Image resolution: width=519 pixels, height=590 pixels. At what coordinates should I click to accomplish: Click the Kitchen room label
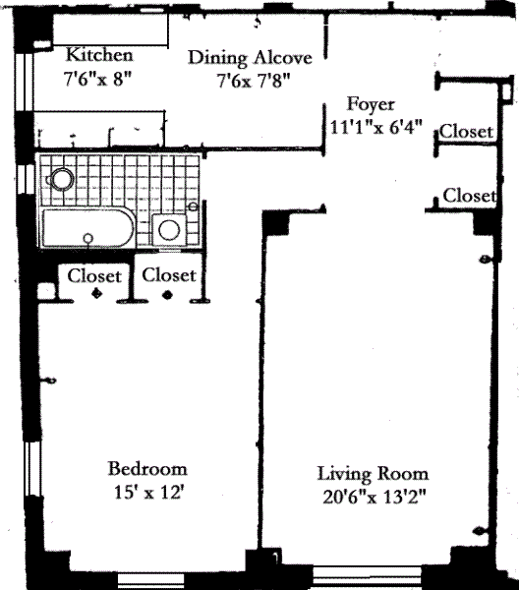pyautogui.click(x=99, y=54)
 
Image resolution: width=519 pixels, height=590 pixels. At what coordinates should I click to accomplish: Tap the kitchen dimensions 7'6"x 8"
pyautogui.click(x=98, y=79)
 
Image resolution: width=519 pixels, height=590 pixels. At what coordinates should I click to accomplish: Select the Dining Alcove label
pyautogui.click(x=250, y=58)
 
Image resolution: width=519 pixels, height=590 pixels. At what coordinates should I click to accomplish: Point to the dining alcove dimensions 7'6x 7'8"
pyautogui.click(x=254, y=81)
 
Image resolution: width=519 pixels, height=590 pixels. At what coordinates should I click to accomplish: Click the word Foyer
pyautogui.click(x=371, y=104)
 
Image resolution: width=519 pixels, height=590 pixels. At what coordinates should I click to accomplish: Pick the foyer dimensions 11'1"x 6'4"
pyautogui.click(x=376, y=127)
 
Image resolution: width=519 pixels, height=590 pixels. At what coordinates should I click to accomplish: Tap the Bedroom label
pyautogui.click(x=147, y=469)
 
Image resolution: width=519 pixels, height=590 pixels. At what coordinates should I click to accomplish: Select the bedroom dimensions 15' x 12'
pyautogui.click(x=148, y=492)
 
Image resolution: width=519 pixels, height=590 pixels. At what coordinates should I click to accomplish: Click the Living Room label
pyautogui.click(x=374, y=474)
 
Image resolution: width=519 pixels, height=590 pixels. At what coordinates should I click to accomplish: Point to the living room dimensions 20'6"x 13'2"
pyautogui.click(x=375, y=498)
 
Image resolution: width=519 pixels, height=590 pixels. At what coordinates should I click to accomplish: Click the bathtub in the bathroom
pyautogui.click(x=88, y=228)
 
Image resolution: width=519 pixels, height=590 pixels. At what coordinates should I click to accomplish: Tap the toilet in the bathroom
pyautogui.click(x=61, y=180)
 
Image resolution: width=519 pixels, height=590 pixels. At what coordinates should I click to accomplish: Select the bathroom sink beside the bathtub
pyautogui.click(x=169, y=230)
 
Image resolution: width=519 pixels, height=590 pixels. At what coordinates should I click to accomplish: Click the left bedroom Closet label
pyautogui.click(x=94, y=275)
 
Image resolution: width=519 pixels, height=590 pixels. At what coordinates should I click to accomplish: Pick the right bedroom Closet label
pyautogui.click(x=169, y=275)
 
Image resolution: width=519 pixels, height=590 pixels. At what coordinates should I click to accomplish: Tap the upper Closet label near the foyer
pyautogui.click(x=466, y=132)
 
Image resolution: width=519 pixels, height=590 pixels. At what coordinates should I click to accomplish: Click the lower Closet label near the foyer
pyautogui.click(x=469, y=196)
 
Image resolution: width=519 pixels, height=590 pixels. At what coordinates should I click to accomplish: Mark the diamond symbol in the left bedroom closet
pyautogui.click(x=97, y=293)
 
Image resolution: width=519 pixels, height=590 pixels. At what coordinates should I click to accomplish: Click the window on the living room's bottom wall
pyautogui.click(x=367, y=576)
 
